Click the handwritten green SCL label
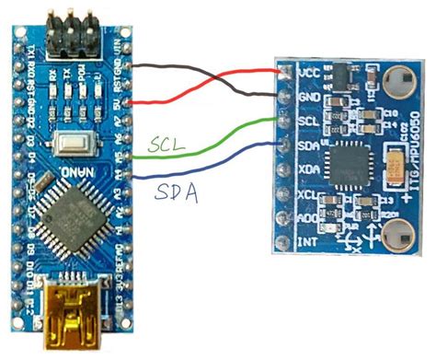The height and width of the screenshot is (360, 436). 166,144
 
